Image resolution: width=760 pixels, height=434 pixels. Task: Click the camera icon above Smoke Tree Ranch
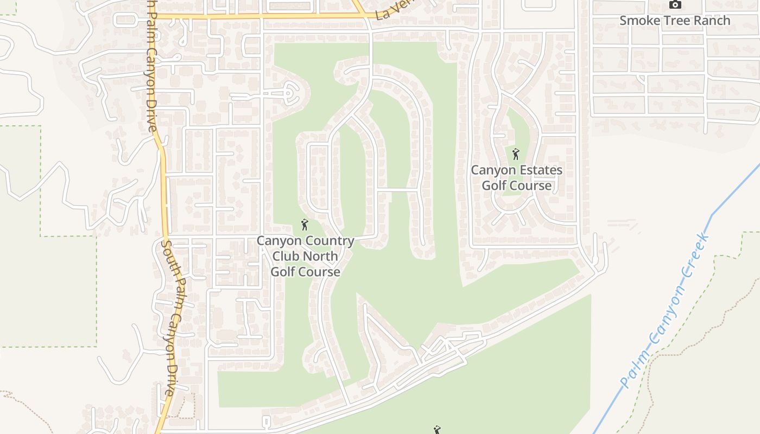675,5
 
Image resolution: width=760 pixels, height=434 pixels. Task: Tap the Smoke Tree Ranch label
675,21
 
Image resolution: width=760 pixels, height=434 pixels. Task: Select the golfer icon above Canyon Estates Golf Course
516,154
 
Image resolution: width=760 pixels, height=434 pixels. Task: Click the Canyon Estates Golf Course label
516,178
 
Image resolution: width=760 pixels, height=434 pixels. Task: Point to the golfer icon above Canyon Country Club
305,225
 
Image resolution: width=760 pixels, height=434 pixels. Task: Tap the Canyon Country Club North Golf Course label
306,256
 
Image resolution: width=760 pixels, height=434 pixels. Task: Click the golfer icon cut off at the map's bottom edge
437,430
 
